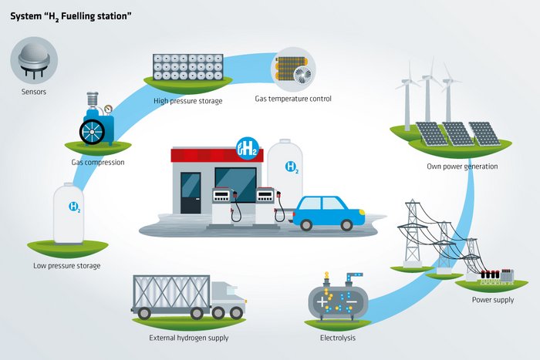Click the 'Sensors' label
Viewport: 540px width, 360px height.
tap(34, 92)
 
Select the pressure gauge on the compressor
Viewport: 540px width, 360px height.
tap(109, 109)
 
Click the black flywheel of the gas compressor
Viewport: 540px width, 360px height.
tap(93, 132)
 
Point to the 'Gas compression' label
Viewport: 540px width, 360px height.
tap(98, 162)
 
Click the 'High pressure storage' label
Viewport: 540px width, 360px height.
tap(188, 101)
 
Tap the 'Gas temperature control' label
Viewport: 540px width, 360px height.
tap(293, 99)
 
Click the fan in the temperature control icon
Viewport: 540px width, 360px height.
tap(302, 74)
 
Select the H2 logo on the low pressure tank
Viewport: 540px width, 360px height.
tap(75, 207)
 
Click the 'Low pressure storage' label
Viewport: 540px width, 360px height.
tap(67, 266)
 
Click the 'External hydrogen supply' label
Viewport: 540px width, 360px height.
tap(189, 338)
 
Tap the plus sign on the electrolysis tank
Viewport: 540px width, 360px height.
tap(322, 302)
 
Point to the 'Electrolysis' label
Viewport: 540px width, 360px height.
tap(338, 338)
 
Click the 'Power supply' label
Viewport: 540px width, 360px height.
tap(493, 300)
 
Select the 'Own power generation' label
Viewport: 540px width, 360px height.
tap(462, 167)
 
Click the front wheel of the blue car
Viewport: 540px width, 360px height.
tap(346, 225)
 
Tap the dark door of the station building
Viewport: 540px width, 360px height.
tap(191, 193)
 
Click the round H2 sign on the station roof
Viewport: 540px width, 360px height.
tap(248, 148)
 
